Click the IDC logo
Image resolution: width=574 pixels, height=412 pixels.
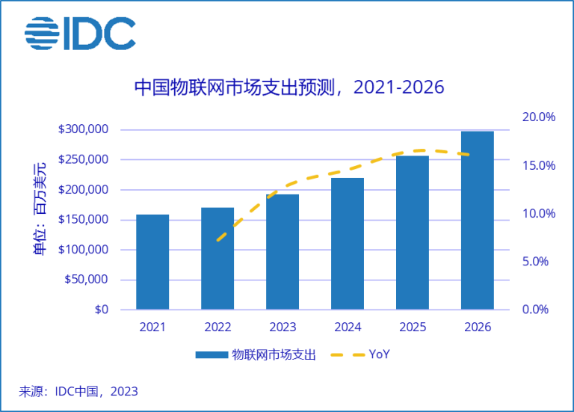[x=80, y=33]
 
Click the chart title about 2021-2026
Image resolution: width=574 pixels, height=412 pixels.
[x=288, y=87]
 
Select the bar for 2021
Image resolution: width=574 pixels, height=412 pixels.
[x=152, y=262]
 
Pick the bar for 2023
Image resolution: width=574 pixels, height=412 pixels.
[x=283, y=251]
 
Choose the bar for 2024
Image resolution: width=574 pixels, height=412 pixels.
[x=348, y=243]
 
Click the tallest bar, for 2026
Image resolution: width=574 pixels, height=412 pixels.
[x=478, y=220]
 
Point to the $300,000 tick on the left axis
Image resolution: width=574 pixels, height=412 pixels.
[x=83, y=129]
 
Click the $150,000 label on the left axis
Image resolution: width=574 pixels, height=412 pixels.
[x=83, y=220]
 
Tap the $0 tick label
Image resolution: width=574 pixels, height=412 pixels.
[x=102, y=310]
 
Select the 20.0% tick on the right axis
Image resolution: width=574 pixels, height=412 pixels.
[x=539, y=117]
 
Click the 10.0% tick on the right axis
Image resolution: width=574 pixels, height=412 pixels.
[x=539, y=214]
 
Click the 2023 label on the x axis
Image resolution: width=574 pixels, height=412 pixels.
[x=283, y=328]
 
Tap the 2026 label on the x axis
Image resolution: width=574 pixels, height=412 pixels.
[x=478, y=328]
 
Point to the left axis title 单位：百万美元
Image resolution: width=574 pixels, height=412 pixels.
[x=39, y=209]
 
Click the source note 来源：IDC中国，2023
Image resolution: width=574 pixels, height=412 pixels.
[x=79, y=391]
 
